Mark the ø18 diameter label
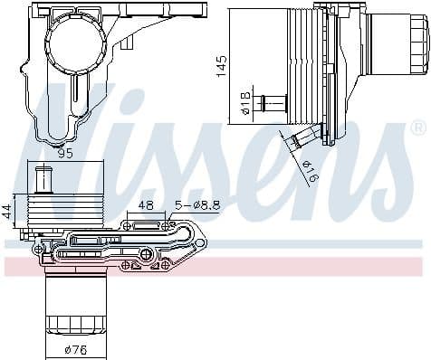pos(245,106)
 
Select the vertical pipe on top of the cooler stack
pos(43,178)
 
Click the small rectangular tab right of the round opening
pos(128,42)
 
